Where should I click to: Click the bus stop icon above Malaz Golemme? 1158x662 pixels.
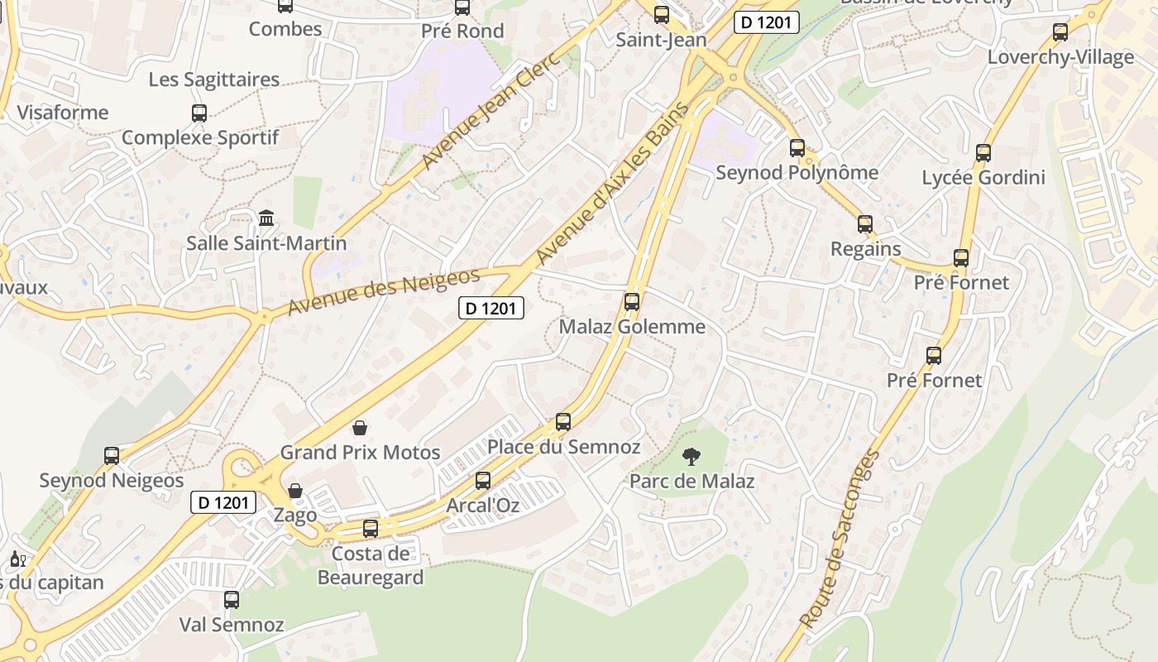[632, 302]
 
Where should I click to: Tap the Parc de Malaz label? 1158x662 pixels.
[692, 481]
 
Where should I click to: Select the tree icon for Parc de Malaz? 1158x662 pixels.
[691, 456]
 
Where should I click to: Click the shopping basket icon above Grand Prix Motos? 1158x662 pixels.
[360, 428]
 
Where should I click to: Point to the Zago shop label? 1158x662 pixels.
[295, 515]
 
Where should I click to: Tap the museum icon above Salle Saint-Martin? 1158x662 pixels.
[266, 218]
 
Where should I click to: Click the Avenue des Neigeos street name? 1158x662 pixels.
[384, 291]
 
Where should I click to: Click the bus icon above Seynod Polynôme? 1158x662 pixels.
[797, 149]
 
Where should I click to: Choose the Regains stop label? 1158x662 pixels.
[865, 249]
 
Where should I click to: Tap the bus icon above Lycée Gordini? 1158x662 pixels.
[983, 153]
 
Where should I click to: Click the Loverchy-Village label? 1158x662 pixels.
[1060, 57]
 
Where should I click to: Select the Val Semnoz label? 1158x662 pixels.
[232, 625]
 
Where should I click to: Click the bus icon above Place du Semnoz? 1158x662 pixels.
[563, 422]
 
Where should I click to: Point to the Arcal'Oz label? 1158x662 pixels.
[483, 505]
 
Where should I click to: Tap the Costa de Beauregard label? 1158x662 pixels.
[371, 565]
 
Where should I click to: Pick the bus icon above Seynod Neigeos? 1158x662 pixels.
[112, 455]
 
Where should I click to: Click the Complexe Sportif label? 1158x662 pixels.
[200, 137]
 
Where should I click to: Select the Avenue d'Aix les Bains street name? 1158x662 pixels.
[613, 183]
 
